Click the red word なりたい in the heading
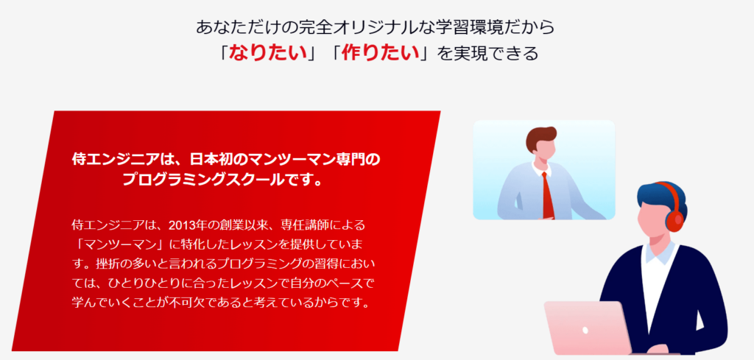tap(268, 53)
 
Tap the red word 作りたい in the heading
tap(380, 53)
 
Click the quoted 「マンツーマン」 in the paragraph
tap(125, 244)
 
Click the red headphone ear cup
tap(675, 219)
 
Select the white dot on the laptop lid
tap(585, 331)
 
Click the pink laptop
tap(589, 328)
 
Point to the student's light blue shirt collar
tap(656, 255)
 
